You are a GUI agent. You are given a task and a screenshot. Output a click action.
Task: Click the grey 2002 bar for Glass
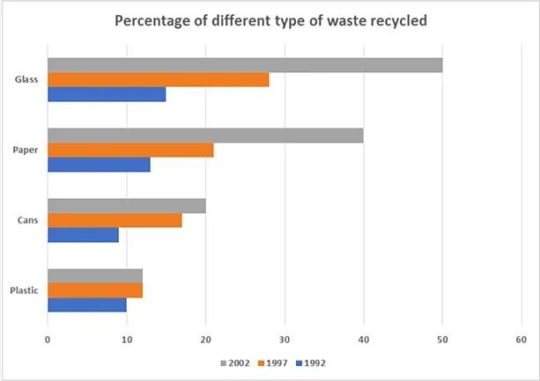pyautogui.click(x=244, y=65)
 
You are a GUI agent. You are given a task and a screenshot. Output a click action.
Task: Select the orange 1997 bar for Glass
pyautogui.click(x=158, y=80)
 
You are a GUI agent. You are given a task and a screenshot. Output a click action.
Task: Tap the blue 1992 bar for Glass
pyautogui.click(x=106, y=94)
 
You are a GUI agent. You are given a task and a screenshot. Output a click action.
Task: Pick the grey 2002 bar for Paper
pyautogui.click(x=204, y=136)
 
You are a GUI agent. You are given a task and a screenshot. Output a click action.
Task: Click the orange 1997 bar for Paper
pyautogui.click(x=129, y=150)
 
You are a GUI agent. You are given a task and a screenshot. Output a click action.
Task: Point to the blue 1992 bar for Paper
pyautogui.click(x=98, y=165)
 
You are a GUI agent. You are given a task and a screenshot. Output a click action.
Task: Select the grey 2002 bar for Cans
pyautogui.click(x=126, y=206)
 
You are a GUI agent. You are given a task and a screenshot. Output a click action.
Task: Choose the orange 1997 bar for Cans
pyautogui.click(x=114, y=220)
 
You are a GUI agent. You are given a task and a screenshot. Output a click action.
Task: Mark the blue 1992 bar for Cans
pyautogui.click(x=82, y=235)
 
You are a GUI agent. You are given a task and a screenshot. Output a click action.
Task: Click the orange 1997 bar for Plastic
pyautogui.click(x=94, y=290)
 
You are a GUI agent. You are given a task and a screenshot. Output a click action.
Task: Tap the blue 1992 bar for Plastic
pyautogui.click(x=86, y=304)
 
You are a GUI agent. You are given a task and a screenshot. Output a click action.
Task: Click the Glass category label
pyautogui.click(x=26, y=80)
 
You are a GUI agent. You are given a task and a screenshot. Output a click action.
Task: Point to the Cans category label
pyautogui.click(x=27, y=220)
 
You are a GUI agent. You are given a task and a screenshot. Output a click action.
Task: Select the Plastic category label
pyautogui.click(x=24, y=290)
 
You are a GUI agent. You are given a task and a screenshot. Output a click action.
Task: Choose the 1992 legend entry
pyautogui.click(x=314, y=363)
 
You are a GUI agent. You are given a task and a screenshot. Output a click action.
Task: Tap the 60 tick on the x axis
pyautogui.click(x=522, y=339)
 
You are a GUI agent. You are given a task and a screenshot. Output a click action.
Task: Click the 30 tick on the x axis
pyautogui.click(x=284, y=339)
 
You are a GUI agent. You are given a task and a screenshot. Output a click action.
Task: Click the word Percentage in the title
pyautogui.click(x=155, y=20)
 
